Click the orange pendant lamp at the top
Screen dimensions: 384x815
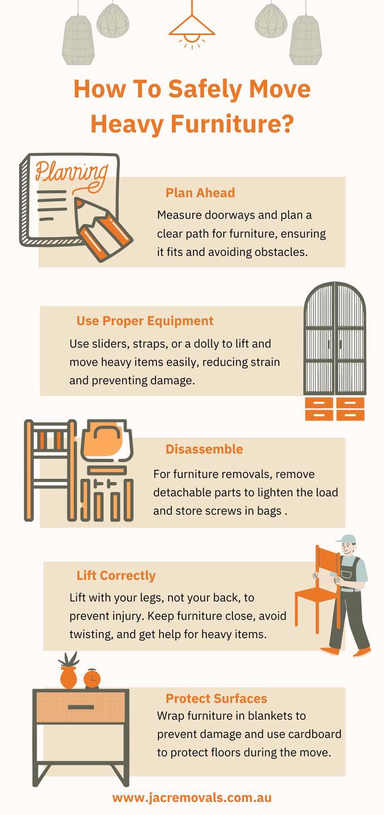tap(192, 31)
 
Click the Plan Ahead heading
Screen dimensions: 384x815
tap(200, 193)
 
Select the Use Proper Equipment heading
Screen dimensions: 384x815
tap(145, 321)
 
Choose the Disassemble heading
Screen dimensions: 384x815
tap(204, 449)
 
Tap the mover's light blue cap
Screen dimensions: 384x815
tap(346, 539)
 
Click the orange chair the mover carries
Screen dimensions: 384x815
tap(318, 590)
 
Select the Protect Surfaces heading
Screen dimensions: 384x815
tap(216, 698)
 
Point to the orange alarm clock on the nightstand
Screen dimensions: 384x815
tap(92, 679)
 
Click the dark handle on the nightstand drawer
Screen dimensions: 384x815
tap(81, 707)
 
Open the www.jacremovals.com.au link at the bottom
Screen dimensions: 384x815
tap(192, 797)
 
